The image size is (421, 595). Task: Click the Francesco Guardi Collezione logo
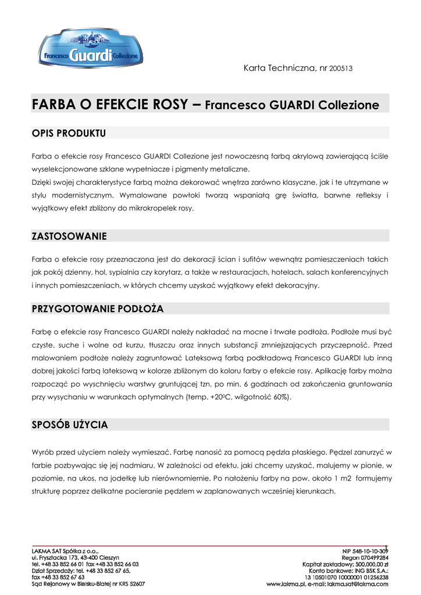(90, 49)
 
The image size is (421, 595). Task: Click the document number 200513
(341, 69)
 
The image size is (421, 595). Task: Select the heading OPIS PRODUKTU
(69, 134)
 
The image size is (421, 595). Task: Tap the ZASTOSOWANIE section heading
(69, 236)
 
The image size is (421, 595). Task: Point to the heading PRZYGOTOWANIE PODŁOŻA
(98, 309)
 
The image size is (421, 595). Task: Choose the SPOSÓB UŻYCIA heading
(70, 425)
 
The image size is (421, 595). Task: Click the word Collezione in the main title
(348, 106)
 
